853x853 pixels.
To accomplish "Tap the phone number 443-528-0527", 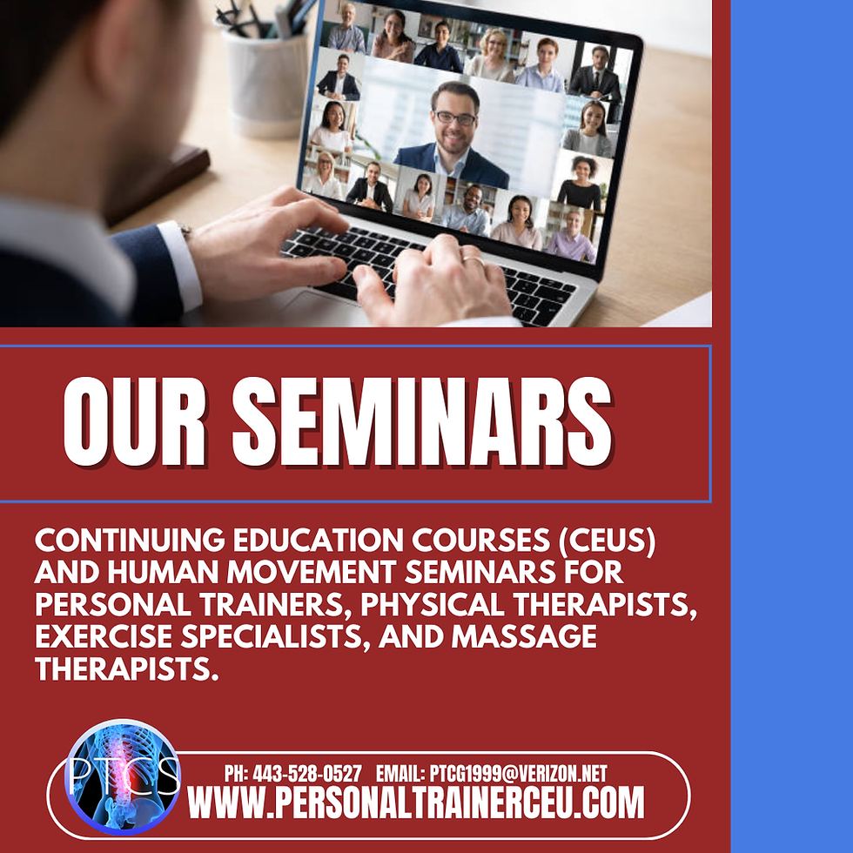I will (306, 774).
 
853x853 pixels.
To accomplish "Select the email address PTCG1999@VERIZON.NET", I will (517, 774).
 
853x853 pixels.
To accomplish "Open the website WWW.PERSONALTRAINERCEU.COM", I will (416, 803).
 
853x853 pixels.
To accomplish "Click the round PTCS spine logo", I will (123, 777).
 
